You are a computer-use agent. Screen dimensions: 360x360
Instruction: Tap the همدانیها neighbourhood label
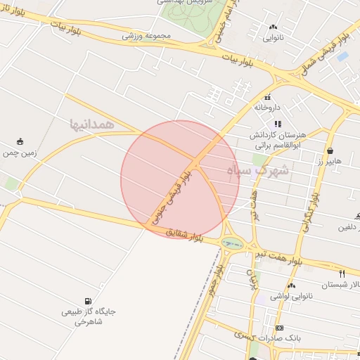92,124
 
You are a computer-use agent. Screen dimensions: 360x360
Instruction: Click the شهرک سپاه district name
259,170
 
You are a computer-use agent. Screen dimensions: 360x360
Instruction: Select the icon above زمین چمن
20,141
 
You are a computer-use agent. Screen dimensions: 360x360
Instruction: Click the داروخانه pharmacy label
267,108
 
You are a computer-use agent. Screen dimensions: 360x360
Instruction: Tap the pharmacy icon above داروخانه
267,98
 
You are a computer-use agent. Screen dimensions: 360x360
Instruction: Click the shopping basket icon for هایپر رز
330,150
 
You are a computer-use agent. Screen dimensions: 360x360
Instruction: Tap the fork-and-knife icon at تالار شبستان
342,274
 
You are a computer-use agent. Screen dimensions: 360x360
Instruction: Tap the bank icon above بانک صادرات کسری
279,328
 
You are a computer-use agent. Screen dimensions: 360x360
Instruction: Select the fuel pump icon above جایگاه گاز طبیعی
88,300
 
